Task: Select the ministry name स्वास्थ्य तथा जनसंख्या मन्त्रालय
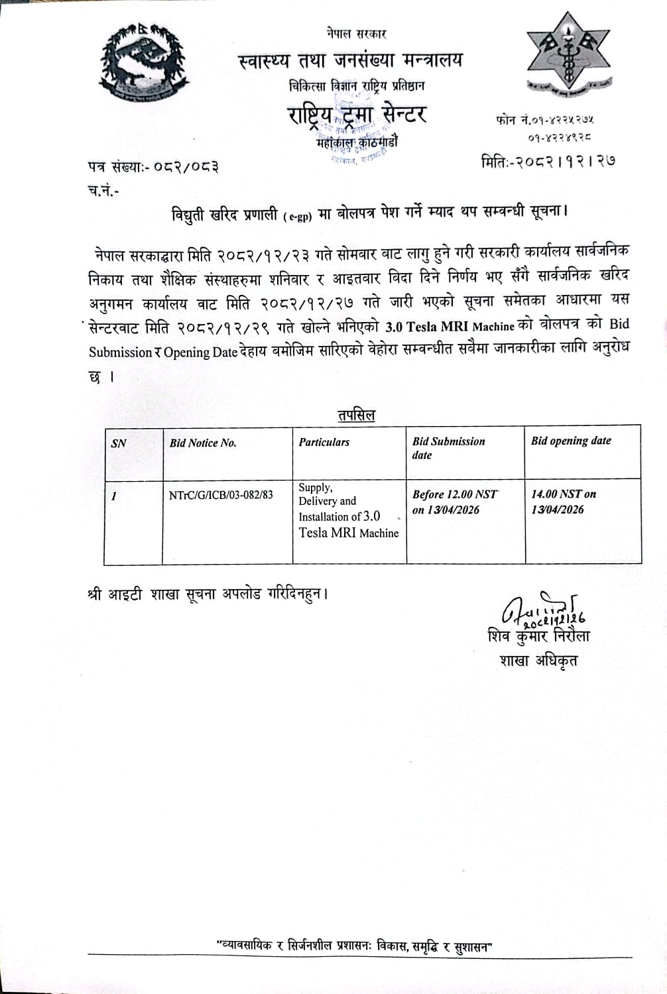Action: [351, 61]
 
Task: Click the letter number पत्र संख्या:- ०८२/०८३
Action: [153, 167]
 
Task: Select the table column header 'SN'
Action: [119, 443]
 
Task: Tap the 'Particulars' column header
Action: [324, 442]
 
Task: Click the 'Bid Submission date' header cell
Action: [448, 448]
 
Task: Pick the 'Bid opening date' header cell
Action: [571, 441]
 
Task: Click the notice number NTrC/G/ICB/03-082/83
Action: [221, 495]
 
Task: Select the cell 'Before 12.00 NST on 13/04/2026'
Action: [454, 502]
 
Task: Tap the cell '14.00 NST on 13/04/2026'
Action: [564, 502]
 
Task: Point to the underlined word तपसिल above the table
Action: [356, 415]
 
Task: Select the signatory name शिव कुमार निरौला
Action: [538, 636]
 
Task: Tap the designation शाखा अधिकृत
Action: [538, 660]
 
